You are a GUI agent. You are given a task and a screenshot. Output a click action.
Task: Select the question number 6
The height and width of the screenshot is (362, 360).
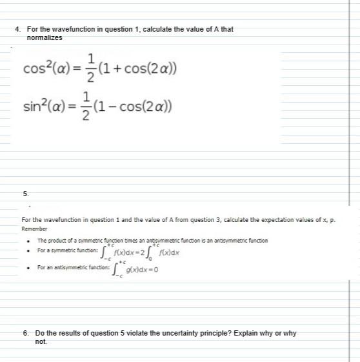tap(25, 333)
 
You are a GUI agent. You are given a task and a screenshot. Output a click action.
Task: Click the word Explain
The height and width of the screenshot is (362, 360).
tap(257, 333)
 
